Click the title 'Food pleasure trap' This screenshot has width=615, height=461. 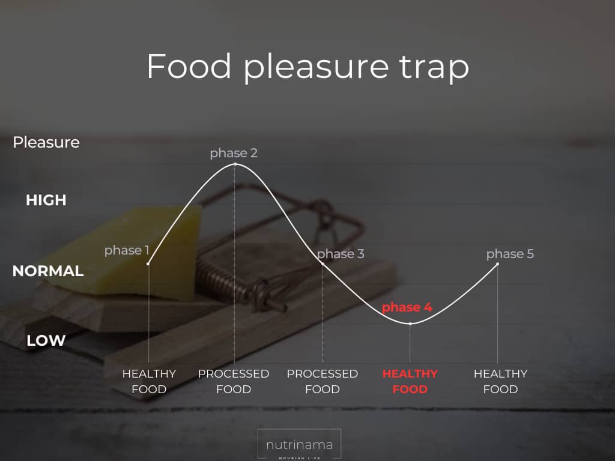click(308, 67)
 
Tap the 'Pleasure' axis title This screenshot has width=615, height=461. click(46, 142)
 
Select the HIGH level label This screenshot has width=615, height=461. click(46, 200)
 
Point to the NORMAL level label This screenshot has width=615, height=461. click(48, 271)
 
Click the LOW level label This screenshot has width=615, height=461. click(46, 340)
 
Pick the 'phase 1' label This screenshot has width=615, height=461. click(127, 250)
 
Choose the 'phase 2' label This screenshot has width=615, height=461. click(234, 153)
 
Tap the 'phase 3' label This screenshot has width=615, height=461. click(341, 254)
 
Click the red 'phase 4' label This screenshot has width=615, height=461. click(407, 307)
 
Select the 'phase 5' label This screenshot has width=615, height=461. click(510, 254)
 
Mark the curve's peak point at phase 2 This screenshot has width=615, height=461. click(235, 164)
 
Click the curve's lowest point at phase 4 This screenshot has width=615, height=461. click(410, 324)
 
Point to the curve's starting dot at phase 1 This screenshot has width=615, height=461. click(148, 264)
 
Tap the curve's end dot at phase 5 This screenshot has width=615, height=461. click(498, 264)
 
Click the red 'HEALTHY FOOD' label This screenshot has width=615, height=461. click(410, 381)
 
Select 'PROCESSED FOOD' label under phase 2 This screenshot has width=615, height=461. click(234, 381)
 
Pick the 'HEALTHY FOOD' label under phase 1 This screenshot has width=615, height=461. click(149, 381)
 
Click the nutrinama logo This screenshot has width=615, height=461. click(299, 445)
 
